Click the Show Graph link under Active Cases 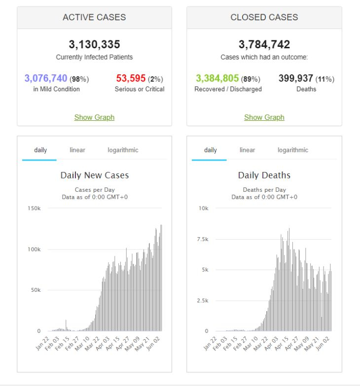pos(94,117)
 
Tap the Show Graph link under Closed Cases pos(264,117)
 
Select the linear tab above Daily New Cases pos(77,150)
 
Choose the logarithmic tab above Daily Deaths pos(293,150)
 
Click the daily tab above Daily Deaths pos(210,150)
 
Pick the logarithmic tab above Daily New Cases pos(123,150)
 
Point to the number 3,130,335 pos(94,44)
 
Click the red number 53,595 pos(131,78)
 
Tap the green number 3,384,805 pos(217,78)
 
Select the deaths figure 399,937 pos(296,78)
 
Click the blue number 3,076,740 pos(46,78)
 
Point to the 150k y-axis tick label pos(34,208)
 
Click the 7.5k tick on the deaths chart pos(203,239)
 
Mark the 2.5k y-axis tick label pos(203,301)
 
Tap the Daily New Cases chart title pos(95,175)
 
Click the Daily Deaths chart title pos(264,175)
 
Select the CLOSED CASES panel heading pos(264,17)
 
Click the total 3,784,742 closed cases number pos(264,44)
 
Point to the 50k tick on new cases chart pos(36,290)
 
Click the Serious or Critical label pos(140,89)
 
